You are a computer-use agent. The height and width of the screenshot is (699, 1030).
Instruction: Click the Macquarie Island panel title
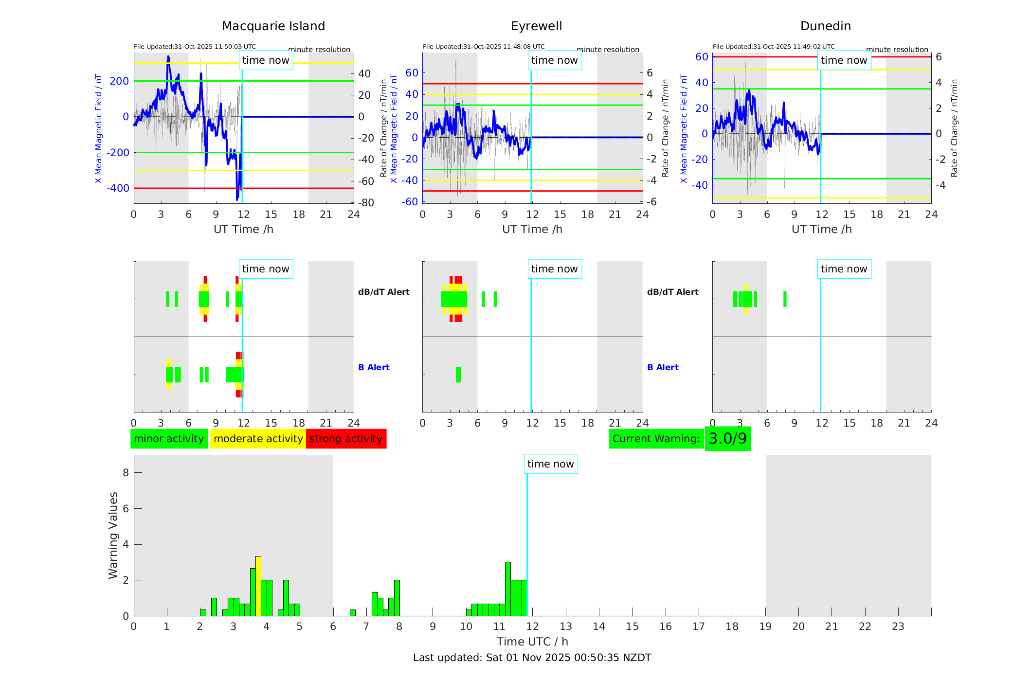[x=273, y=26]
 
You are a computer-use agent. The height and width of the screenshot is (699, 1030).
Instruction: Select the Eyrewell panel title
[x=536, y=26]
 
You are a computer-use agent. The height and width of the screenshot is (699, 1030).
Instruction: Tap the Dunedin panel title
[x=825, y=26]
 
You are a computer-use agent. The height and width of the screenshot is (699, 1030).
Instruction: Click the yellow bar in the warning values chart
[x=258, y=586]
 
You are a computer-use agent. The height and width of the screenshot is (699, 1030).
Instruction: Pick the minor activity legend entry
[x=169, y=439]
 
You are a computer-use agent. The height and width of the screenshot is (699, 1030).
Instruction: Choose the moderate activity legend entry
[x=258, y=439]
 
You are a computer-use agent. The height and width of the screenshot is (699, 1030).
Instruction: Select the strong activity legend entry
[x=346, y=439]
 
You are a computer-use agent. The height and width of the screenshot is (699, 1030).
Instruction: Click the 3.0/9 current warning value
[x=727, y=439]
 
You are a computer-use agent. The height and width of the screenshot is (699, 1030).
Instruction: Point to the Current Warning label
[x=656, y=439]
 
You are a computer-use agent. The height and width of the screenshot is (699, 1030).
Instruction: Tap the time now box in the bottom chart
[x=550, y=464]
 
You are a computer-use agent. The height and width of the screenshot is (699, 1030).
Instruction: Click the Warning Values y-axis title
[x=113, y=535]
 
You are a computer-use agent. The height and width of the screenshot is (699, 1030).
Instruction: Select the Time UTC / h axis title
[x=532, y=642]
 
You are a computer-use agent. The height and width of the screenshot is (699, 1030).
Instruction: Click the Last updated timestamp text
[x=532, y=658]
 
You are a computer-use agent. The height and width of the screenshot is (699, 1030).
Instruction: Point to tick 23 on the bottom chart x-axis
[x=898, y=627]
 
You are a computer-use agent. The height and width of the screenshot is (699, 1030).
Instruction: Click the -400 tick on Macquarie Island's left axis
[x=119, y=188]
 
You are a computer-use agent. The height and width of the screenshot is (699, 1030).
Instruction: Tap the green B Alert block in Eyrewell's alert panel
[x=458, y=375]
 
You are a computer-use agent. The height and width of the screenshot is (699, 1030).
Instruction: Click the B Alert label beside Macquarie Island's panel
[x=374, y=367]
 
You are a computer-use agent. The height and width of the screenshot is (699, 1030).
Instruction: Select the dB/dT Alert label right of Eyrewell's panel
[x=672, y=292]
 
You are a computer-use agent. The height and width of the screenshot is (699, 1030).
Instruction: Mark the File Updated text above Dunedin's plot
[x=773, y=47]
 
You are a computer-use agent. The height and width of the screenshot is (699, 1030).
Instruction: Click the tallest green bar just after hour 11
[x=508, y=589]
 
